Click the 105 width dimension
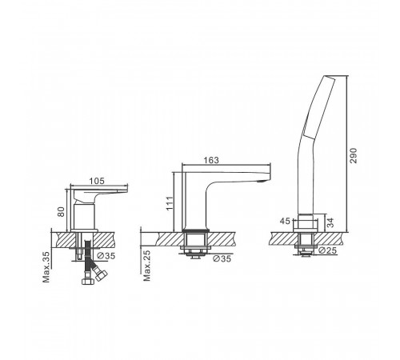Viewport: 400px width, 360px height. coord(97,181)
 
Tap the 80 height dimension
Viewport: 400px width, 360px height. coord(62,212)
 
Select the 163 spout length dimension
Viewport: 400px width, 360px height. coord(211,160)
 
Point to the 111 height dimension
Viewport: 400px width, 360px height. coord(170,203)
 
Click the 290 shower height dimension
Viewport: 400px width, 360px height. coord(353,156)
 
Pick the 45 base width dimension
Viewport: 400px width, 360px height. coord(285,221)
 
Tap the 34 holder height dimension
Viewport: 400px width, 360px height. coord(330,222)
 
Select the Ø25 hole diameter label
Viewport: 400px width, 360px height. coord(328,250)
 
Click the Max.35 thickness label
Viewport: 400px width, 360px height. coord(46,267)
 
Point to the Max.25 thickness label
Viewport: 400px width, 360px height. coord(147,266)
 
